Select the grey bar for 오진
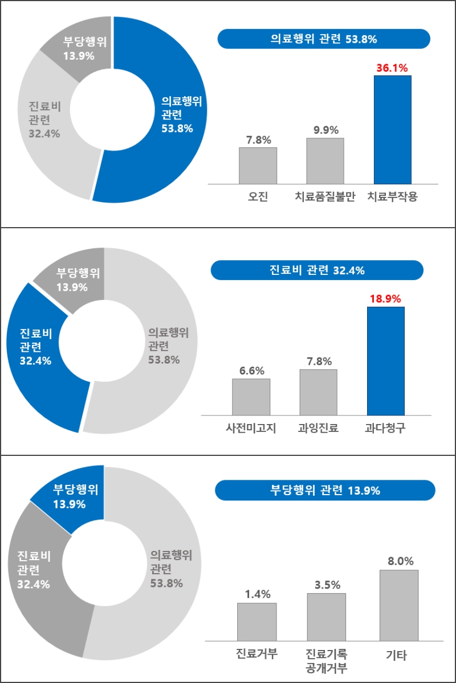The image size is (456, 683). pos(258,166)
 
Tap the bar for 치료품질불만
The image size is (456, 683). pos(325,161)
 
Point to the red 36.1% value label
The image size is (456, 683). pos(392,68)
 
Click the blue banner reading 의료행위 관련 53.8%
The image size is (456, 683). pos(323,39)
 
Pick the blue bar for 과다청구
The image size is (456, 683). pos(385,361)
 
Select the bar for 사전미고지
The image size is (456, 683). pos(251,397)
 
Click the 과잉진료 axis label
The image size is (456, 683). pos(318,429)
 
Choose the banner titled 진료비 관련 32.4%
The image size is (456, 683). pos(316,270)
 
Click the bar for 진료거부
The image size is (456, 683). pos(256,622)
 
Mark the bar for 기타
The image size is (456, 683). pos(398,605)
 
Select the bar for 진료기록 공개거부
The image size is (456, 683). pos(326,617)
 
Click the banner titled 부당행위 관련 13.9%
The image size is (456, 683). pos(325,490)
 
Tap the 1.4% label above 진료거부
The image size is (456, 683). pos(257,595)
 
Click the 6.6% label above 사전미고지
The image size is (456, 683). pos(251,371)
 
